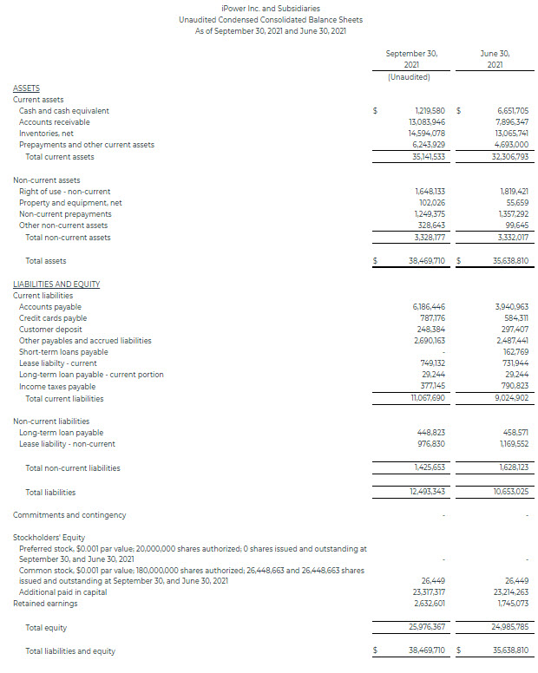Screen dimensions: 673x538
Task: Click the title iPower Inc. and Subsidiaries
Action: click(x=270, y=8)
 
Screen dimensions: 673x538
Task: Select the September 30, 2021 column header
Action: click(x=411, y=59)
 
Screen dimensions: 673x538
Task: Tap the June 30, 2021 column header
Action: click(x=494, y=59)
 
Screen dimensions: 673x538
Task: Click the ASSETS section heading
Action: click(x=26, y=88)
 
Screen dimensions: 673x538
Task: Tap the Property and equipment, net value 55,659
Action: click(x=515, y=203)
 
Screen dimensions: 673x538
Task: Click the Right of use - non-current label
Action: click(x=64, y=192)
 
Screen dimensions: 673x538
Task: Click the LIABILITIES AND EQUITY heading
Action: click(x=56, y=284)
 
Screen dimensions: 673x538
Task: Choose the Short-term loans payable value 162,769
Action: click(x=514, y=352)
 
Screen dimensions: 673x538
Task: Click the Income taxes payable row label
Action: click(x=57, y=387)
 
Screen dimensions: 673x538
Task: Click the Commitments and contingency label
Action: click(x=69, y=515)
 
